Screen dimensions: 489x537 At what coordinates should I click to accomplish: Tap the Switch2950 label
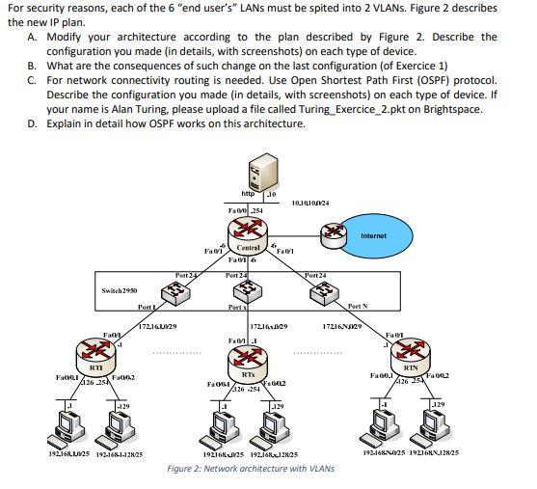121,289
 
